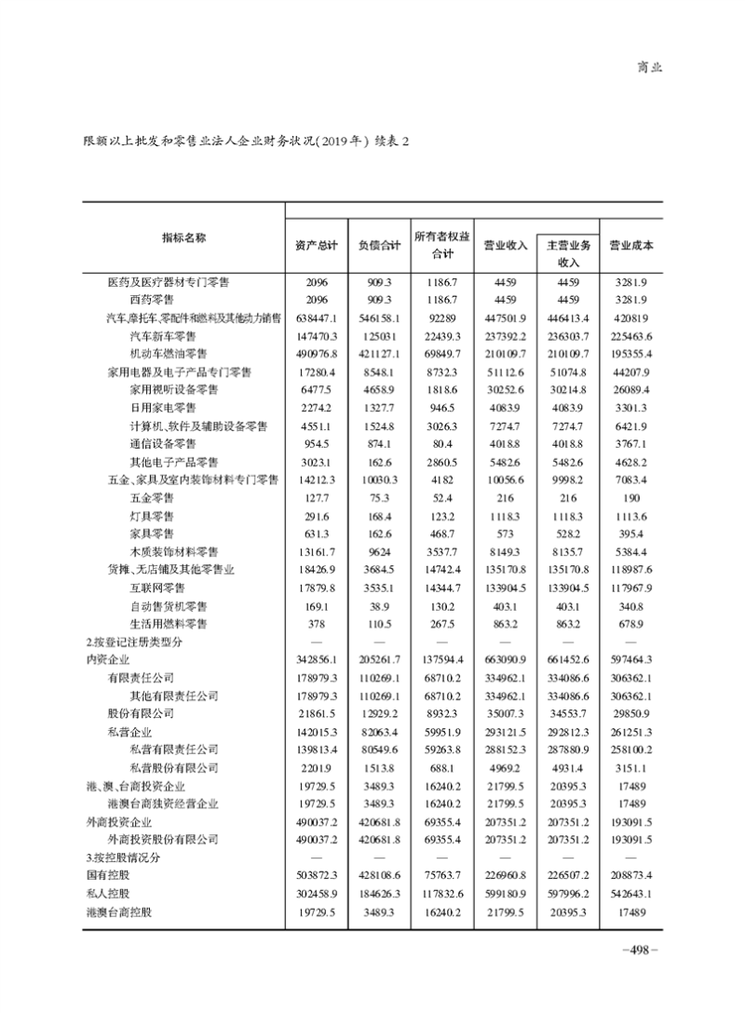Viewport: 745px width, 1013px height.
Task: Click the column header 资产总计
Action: tap(314, 246)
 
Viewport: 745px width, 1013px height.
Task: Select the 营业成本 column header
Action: tap(630, 246)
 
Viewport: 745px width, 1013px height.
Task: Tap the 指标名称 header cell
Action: tap(183, 237)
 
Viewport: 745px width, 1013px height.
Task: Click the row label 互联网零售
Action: tap(157, 588)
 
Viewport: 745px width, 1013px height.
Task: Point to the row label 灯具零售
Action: tap(152, 515)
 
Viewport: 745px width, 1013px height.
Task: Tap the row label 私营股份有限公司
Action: tap(174, 767)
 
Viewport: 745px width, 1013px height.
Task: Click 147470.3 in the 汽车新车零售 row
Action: tap(314, 335)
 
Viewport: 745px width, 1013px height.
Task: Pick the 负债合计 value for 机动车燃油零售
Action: tap(379, 354)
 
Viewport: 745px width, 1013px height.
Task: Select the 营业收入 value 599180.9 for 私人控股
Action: tap(506, 894)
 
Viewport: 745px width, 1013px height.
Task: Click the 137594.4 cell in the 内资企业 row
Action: tap(442, 659)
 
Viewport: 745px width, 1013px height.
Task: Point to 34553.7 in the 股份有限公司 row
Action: tap(568, 713)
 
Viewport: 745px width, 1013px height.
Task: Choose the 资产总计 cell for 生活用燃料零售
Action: tap(314, 623)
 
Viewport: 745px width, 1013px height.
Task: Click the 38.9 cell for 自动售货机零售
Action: tap(379, 605)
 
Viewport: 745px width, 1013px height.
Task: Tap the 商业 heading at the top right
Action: tap(649, 67)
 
